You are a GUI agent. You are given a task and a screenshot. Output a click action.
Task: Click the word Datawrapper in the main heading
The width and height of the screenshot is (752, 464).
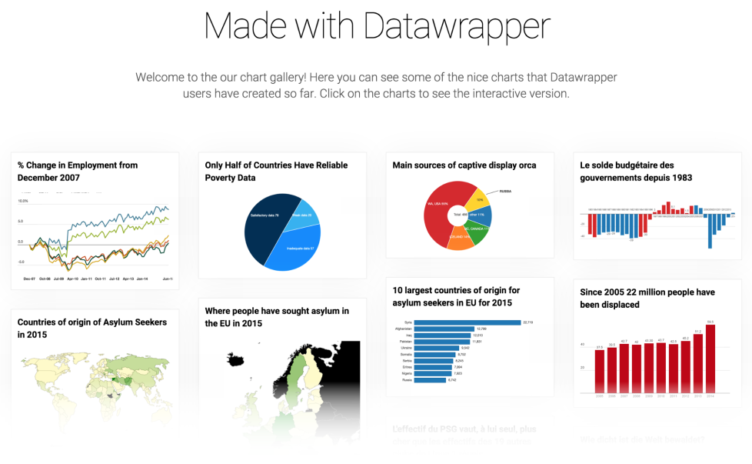(x=457, y=25)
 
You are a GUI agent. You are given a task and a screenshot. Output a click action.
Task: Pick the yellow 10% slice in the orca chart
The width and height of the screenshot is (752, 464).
(x=479, y=199)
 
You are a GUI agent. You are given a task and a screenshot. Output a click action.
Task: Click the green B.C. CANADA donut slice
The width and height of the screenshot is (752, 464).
(x=480, y=230)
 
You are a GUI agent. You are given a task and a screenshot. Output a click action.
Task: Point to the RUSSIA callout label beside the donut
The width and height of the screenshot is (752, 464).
(x=505, y=191)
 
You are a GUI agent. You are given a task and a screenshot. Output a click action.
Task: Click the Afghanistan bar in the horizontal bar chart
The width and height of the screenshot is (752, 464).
(x=444, y=329)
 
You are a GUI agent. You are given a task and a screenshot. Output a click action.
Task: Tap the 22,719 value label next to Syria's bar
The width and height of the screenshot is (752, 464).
(x=527, y=322)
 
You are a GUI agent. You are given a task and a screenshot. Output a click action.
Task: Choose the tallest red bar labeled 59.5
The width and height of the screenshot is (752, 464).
(x=710, y=358)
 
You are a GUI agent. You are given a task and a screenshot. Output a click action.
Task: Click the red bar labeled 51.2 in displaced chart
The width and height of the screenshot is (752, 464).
(x=697, y=363)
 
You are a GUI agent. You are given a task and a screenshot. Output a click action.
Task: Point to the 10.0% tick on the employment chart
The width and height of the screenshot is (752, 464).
(x=23, y=201)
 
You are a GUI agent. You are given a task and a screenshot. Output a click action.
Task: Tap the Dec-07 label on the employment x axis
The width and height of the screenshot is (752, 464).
(x=30, y=279)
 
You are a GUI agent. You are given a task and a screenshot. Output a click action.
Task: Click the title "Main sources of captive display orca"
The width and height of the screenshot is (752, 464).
(x=464, y=165)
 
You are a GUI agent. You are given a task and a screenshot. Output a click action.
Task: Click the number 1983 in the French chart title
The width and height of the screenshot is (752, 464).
(x=680, y=178)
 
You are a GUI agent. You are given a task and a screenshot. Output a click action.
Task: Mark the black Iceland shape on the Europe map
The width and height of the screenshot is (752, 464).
(x=235, y=359)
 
